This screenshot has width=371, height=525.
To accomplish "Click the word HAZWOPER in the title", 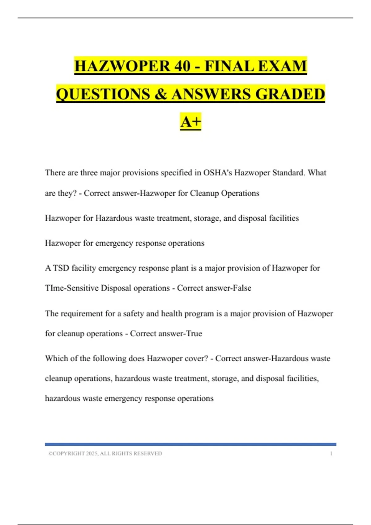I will pyautogui.click(x=122, y=66).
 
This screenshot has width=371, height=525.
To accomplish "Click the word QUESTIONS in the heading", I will pyautogui.click(x=102, y=94).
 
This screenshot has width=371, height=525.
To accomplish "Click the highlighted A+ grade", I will pyautogui.click(x=190, y=121).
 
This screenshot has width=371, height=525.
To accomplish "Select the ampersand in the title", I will pyautogui.click(x=160, y=94).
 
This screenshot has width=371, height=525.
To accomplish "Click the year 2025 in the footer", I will pyautogui.click(x=92, y=453).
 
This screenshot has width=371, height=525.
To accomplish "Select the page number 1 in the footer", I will pyautogui.click(x=331, y=453).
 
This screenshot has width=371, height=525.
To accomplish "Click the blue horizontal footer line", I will pyautogui.click(x=190, y=444).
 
